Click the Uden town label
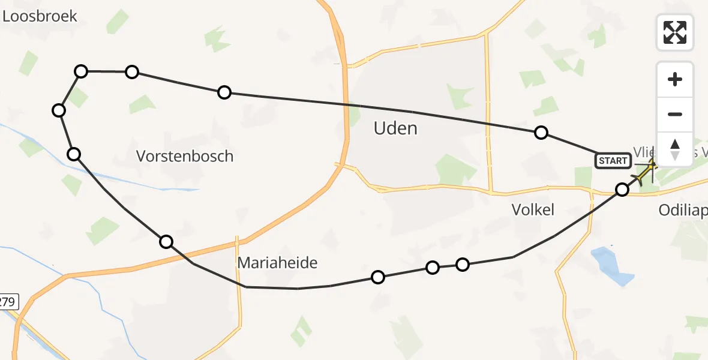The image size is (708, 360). click(x=395, y=128)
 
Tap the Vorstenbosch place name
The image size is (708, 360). click(x=185, y=157)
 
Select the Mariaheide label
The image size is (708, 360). click(x=277, y=262)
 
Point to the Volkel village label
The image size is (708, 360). click(x=533, y=209)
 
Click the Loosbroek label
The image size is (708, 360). click(x=40, y=16)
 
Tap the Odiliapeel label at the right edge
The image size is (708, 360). click(x=683, y=211)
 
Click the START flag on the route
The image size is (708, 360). click(x=613, y=160)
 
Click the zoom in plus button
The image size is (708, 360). click(x=675, y=79)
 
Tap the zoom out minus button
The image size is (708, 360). click(x=675, y=115)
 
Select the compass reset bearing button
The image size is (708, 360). click(x=675, y=149)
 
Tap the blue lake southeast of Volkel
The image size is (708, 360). click(x=613, y=265)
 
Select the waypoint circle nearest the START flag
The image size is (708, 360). click(x=622, y=190)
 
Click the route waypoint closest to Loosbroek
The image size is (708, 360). click(x=81, y=71)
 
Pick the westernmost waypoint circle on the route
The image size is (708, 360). click(x=59, y=110)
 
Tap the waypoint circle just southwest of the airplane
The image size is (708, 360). click(x=622, y=190)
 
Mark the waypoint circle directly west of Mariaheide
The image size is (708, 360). click(x=166, y=242)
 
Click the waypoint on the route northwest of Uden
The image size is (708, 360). click(x=224, y=92)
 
